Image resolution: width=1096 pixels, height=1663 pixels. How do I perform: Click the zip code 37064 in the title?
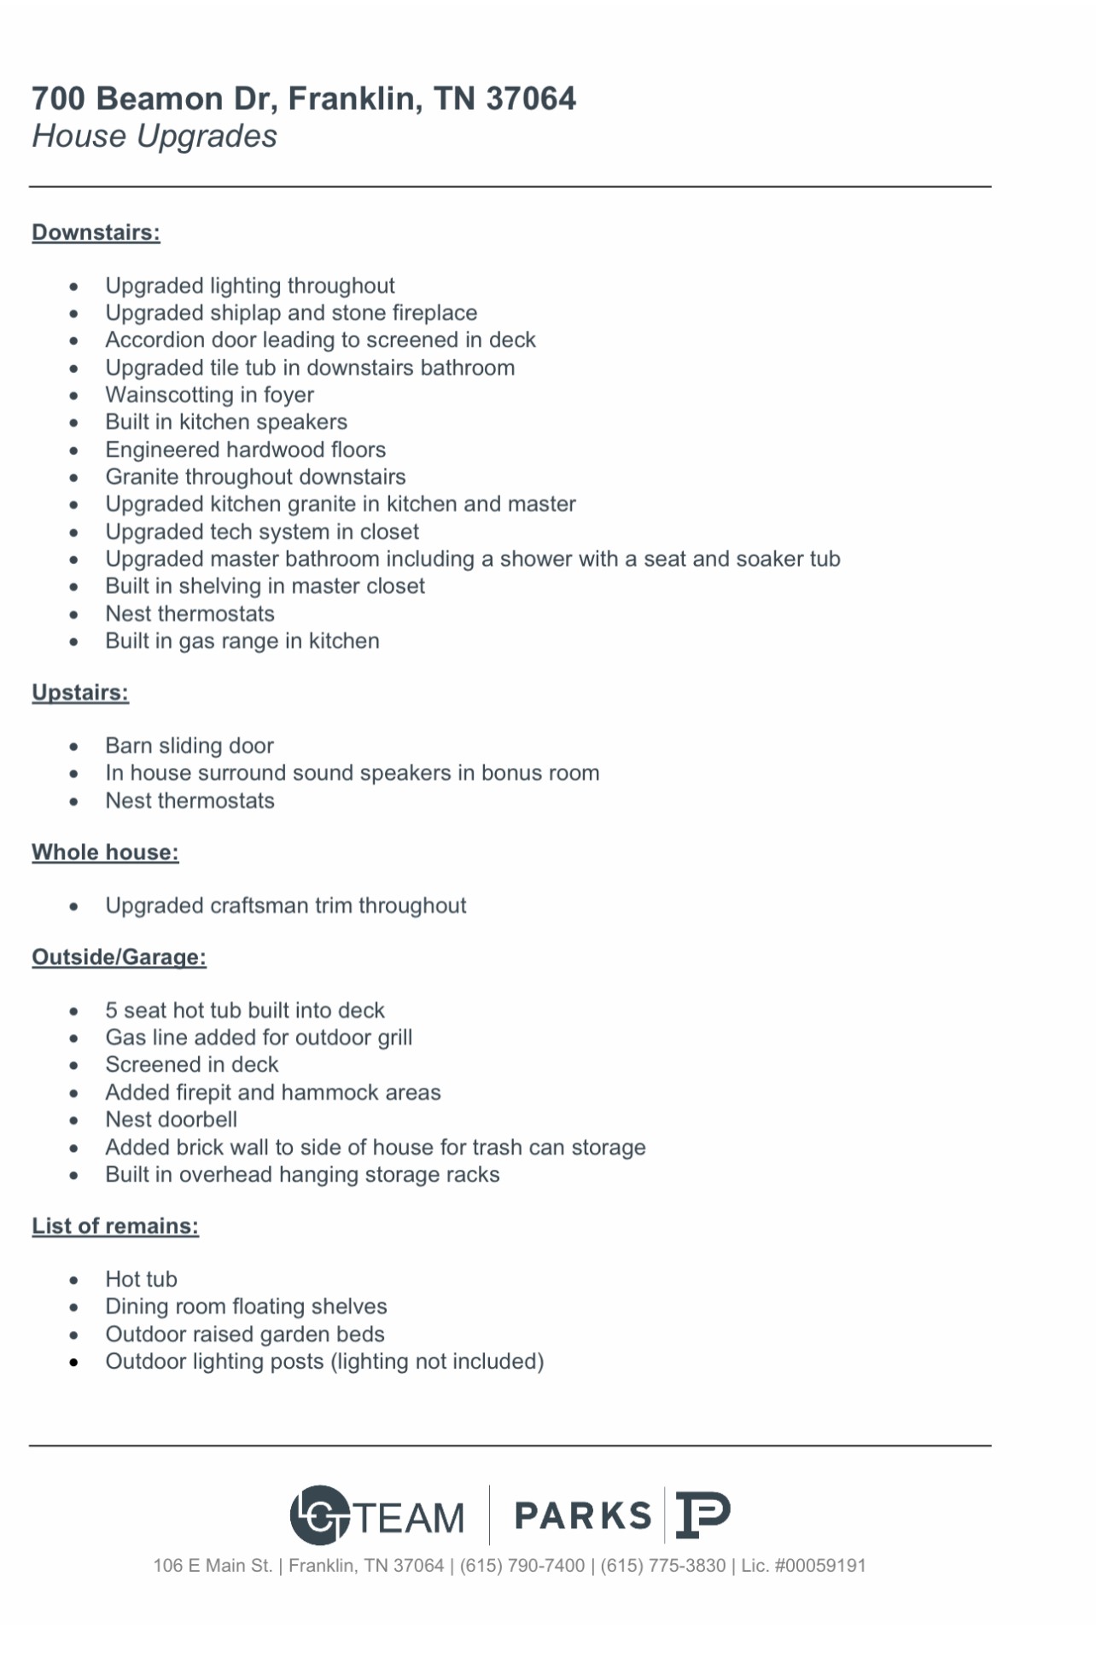pos(531,99)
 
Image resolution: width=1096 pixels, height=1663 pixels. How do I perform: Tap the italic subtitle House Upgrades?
pos(154,137)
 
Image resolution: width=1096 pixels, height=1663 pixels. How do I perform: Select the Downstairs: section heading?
pos(96,233)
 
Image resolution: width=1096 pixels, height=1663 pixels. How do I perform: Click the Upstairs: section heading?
pos(80,693)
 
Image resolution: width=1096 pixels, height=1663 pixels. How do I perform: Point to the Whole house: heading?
pos(105,852)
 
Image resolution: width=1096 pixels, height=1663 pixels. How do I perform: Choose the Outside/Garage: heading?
pos(119,957)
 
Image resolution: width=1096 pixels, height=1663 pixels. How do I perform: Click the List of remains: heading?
pos(115,1226)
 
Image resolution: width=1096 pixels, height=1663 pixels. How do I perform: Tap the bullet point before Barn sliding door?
pos(74,747)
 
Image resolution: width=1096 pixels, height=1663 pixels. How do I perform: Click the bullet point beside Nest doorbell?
pos(74,1120)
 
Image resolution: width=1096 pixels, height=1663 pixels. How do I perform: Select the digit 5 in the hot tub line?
pos(111,1011)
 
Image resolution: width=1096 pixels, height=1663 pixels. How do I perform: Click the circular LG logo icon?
pos(319,1515)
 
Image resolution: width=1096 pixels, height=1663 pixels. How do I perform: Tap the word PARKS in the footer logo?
pos(583,1516)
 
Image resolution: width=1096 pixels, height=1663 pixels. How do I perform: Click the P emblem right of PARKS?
pos(702,1515)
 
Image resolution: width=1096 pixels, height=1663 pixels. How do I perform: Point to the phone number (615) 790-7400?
pos(522,1566)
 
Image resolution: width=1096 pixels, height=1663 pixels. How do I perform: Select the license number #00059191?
pos(819,1566)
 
